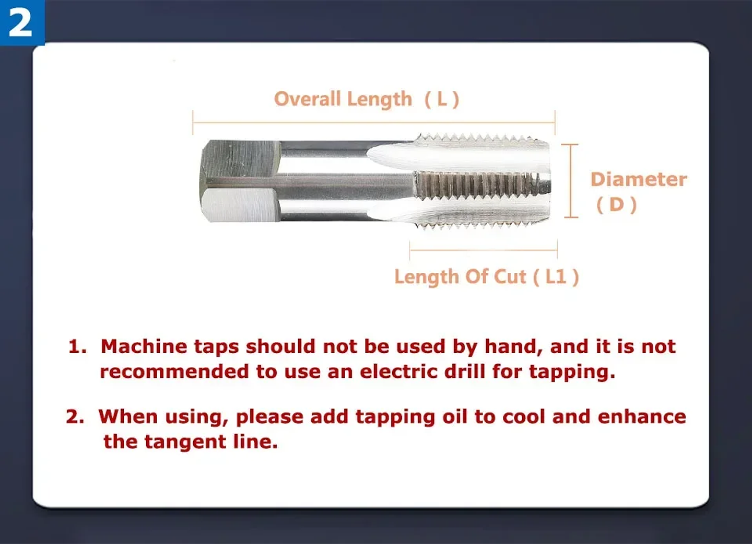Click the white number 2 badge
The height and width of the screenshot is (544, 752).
pos(21,23)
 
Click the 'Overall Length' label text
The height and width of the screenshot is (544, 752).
pos(343,99)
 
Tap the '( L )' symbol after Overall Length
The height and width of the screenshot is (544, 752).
pos(442,99)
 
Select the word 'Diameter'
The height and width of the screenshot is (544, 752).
pos(638,179)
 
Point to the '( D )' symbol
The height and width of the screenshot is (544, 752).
pos(616,204)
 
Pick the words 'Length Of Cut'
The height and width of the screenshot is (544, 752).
pos(460,276)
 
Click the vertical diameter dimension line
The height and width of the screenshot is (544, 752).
pos(570,180)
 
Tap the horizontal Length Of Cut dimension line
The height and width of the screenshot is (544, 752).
pos(483,250)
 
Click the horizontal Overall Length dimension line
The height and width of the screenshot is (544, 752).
pos(373,122)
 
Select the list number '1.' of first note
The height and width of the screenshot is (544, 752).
pos(77,346)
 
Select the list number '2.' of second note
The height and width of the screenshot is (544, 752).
pos(75,416)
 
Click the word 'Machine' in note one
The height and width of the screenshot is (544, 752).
pos(144,346)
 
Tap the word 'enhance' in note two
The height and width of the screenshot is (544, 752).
pos(641,416)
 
